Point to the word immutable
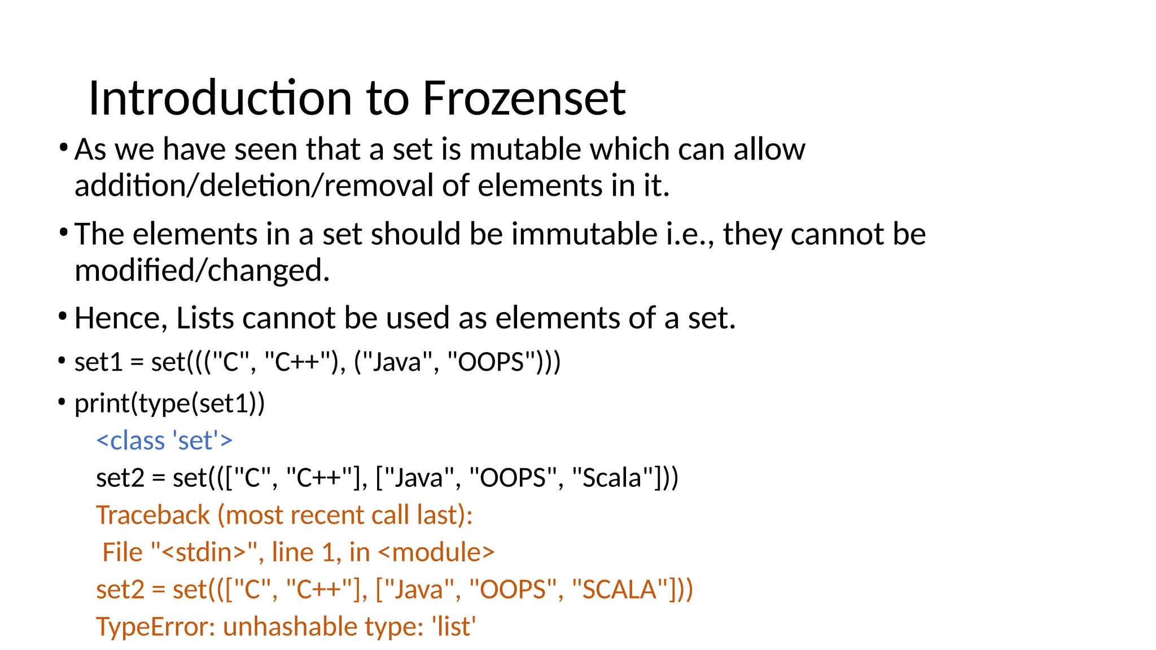(x=584, y=234)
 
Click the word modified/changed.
(x=202, y=270)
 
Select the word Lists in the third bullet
(x=205, y=318)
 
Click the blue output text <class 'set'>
(x=164, y=441)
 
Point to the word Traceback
(x=153, y=515)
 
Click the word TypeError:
(x=155, y=627)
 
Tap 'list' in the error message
(x=454, y=627)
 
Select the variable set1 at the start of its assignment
(x=98, y=362)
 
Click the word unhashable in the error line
(x=290, y=627)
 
